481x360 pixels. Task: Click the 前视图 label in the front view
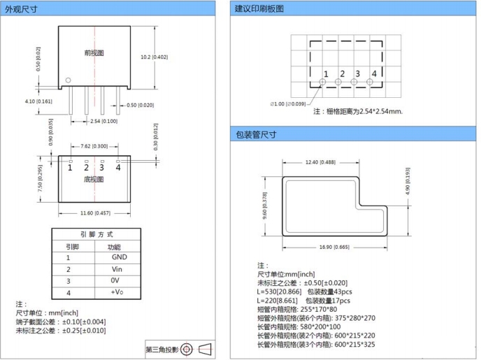[94, 52]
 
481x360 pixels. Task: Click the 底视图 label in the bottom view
[94, 179]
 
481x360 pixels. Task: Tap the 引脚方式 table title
[94, 234]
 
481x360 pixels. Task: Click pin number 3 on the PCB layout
[357, 73]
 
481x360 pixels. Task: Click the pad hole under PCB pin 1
[323, 82]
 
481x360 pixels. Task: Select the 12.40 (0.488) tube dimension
[321, 162]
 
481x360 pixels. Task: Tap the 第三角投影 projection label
[162, 349]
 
